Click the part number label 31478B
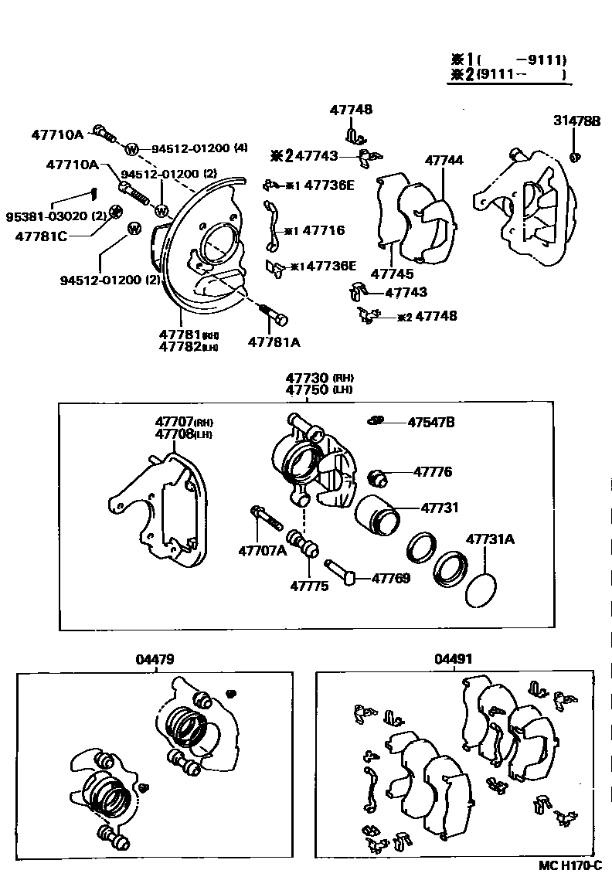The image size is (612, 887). [576, 121]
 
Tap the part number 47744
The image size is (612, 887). [444, 160]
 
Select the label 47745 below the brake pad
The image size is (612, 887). [392, 274]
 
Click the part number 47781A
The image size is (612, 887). [274, 341]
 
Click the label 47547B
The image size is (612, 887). [430, 422]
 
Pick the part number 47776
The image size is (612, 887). [433, 472]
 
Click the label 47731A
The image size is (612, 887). [489, 539]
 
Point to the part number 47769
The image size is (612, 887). [391, 578]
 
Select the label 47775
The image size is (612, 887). [309, 586]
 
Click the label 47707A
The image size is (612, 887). [262, 550]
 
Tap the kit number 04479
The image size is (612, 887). [155, 659]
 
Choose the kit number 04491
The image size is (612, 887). [453, 659]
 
